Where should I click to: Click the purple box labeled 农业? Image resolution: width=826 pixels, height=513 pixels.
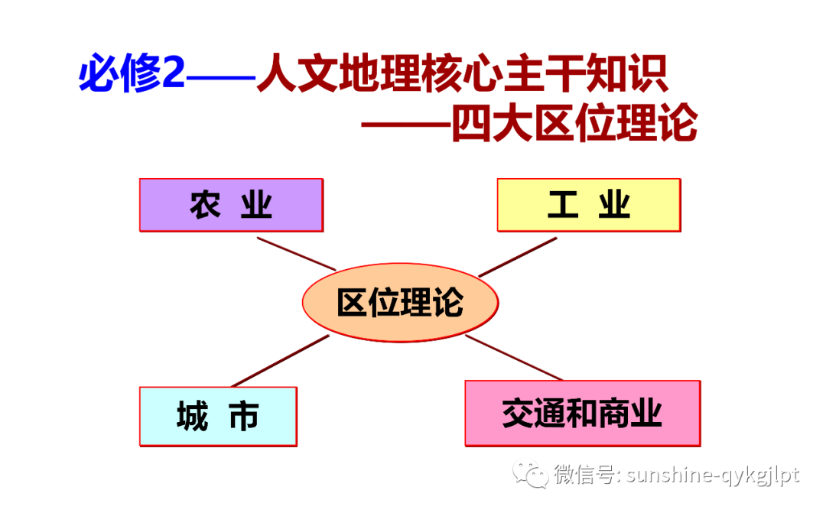point(231,205)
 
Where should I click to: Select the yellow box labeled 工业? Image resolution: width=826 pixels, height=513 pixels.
point(588,205)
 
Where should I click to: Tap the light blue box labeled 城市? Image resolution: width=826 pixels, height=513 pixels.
point(218,417)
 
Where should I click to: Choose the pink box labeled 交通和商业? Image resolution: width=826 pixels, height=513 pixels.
point(583,414)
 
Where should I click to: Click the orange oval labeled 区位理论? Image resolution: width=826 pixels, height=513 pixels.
point(400,303)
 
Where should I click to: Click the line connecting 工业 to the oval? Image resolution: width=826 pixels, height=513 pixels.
point(518,257)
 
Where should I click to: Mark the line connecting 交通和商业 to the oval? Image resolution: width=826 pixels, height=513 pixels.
point(514,357)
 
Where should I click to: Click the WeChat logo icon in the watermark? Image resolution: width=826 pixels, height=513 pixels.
point(529,475)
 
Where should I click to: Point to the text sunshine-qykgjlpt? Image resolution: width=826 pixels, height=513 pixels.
point(712,475)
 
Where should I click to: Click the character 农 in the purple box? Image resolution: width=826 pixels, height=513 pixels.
point(205,205)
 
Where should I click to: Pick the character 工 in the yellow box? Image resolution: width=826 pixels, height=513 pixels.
point(563,205)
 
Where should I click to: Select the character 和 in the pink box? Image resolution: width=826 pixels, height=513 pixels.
point(584,414)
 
